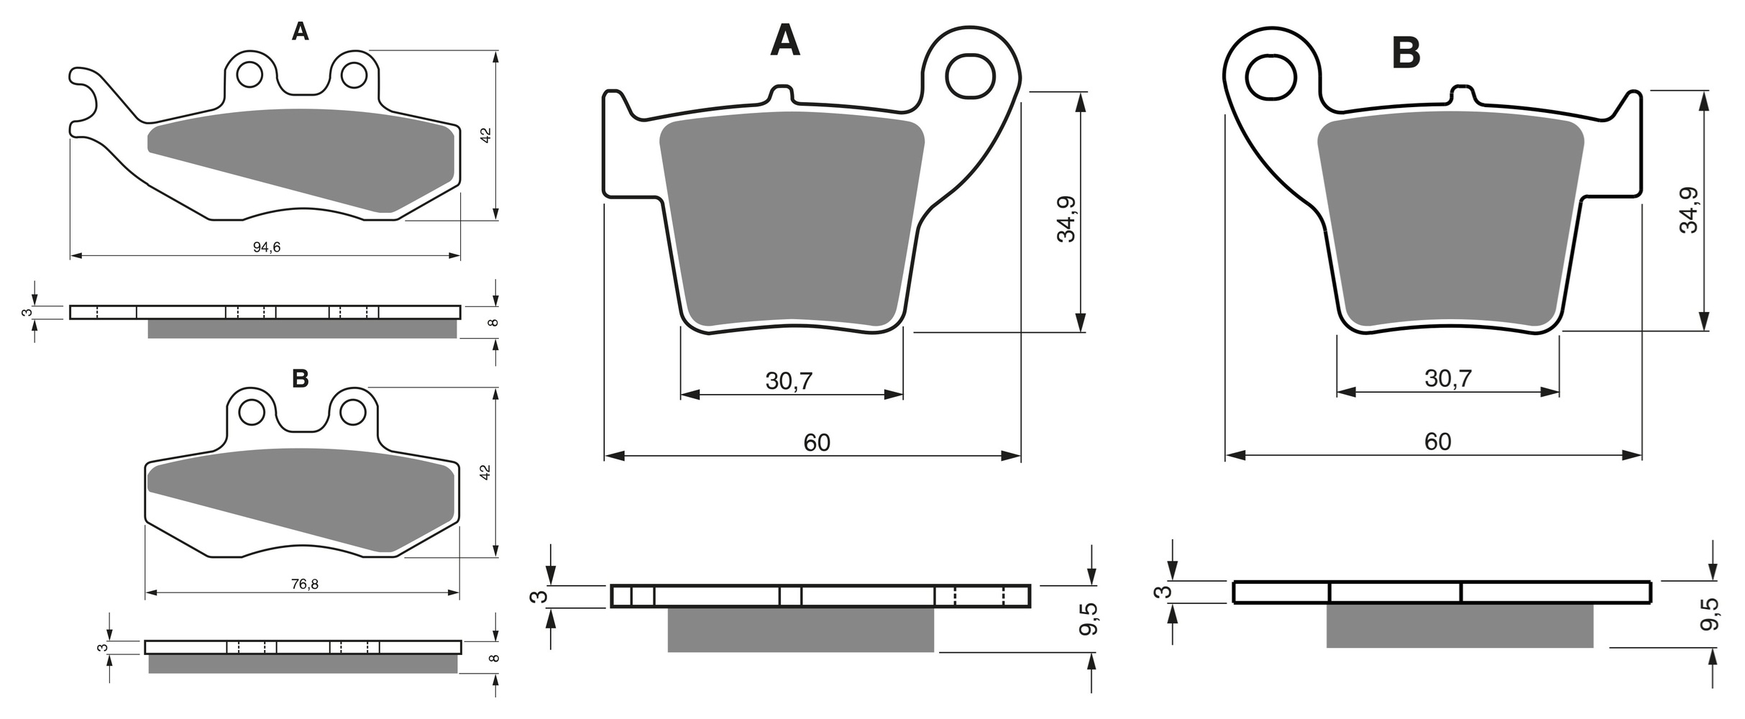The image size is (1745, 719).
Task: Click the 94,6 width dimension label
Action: [x=266, y=247]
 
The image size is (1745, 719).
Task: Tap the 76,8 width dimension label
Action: [x=305, y=585]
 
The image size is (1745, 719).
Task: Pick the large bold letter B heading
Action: [x=1406, y=53]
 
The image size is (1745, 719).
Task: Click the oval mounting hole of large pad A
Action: [x=971, y=75]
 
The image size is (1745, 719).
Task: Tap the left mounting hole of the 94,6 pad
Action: [x=249, y=75]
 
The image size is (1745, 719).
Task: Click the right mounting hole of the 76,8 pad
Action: [x=353, y=413]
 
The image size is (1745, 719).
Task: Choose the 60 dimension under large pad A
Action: [x=817, y=442]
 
